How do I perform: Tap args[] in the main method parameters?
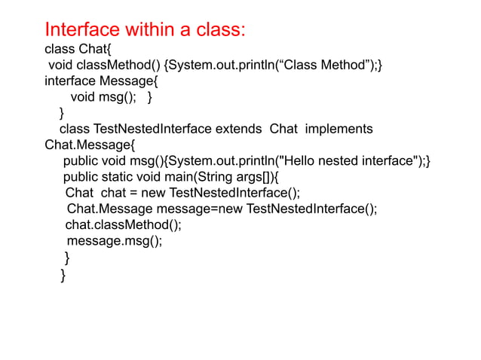tap(253, 177)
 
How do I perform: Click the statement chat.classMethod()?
tap(124, 225)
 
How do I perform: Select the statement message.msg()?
tap(114, 241)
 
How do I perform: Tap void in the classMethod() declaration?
tap(62, 66)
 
